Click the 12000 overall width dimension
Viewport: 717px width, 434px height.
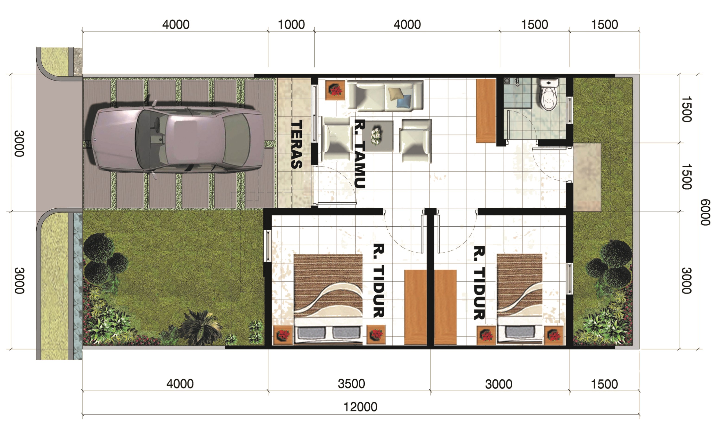click(360, 407)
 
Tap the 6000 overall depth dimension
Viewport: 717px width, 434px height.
click(705, 212)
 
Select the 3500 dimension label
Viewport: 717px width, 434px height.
click(351, 384)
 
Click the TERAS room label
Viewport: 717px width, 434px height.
click(296, 144)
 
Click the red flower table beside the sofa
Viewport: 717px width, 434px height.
click(335, 90)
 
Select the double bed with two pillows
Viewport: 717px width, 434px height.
click(328, 300)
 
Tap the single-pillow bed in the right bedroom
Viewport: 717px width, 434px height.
click(519, 300)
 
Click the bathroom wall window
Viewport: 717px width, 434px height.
click(569, 110)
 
